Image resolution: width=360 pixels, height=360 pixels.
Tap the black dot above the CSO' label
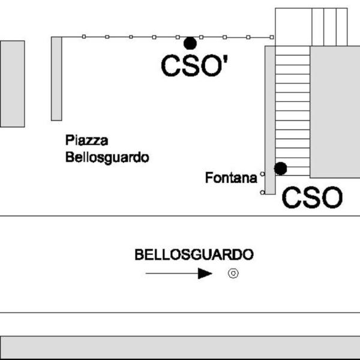point(190,43)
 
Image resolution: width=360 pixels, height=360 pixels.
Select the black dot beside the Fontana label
point(280,169)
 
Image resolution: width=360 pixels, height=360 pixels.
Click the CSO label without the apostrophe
point(312,197)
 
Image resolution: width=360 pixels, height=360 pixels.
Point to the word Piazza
point(87,141)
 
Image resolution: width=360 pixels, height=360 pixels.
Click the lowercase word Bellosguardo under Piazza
point(107,158)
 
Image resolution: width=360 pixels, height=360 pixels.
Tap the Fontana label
point(231,178)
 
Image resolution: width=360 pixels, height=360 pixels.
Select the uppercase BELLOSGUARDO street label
point(194,254)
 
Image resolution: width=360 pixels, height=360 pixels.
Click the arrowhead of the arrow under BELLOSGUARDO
point(205,274)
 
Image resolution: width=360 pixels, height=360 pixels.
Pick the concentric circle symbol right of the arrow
point(233,274)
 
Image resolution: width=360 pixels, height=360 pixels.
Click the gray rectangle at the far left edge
point(12,83)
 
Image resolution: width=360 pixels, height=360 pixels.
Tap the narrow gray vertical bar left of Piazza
point(56,79)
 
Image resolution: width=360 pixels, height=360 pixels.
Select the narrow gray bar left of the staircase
point(270,120)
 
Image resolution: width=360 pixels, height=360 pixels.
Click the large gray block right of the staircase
point(335,112)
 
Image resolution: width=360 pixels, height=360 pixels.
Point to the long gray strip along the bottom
point(180,347)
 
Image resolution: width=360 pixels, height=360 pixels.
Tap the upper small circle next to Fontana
point(262,174)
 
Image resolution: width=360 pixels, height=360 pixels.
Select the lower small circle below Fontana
point(262,193)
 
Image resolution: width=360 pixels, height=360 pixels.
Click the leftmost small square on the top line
point(83,37)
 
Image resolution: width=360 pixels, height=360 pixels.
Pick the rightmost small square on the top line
point(272,37)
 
